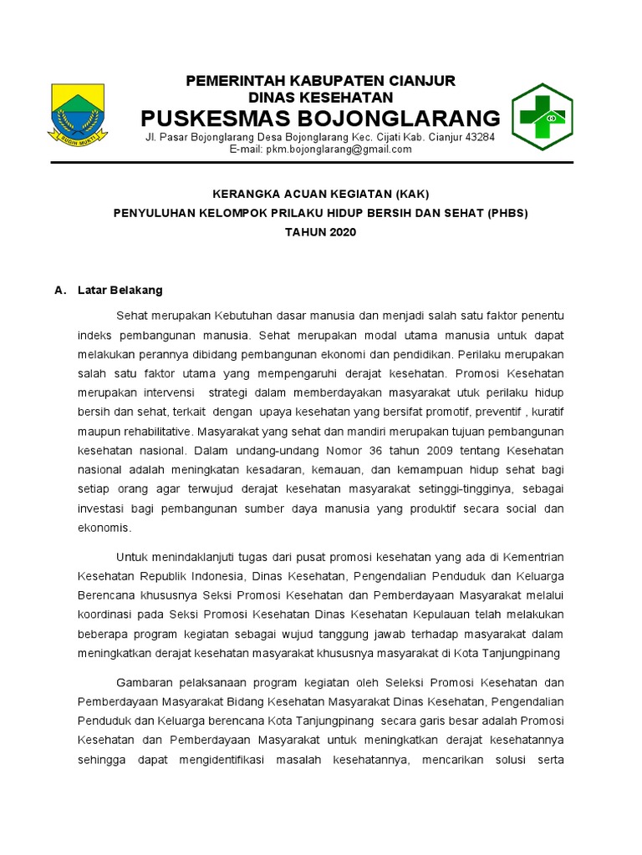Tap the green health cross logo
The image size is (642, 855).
[x=543, y=116]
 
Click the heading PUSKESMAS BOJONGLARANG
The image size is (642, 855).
[x=320, y=116]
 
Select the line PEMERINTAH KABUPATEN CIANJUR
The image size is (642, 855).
[x=320, y=80]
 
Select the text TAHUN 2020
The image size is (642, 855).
[x=320, y=232]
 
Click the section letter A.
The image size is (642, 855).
[x=59, y=291]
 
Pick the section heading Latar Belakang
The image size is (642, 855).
[x=120, y=291]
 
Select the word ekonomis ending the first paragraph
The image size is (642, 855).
[x=104, y=528]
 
